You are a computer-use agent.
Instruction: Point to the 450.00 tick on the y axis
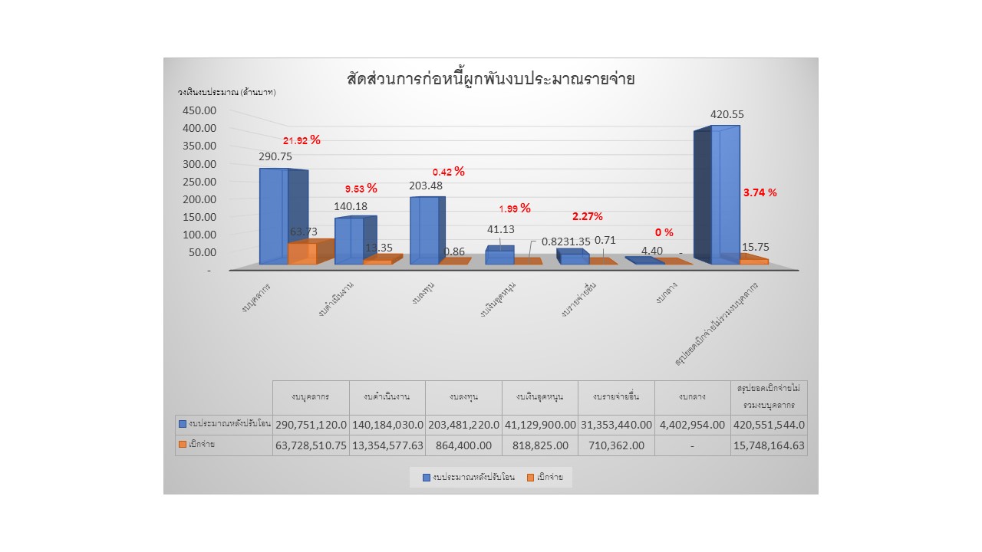click(200, 110)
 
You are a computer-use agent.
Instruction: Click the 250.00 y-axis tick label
click(200, 182)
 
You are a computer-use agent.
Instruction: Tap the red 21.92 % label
click(302, 140)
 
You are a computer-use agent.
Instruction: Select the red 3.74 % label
click(760, 192)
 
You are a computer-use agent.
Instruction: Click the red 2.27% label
click(587, 217)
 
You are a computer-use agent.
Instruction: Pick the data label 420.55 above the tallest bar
click(727, 115)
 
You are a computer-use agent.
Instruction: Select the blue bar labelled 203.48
click(423, 230)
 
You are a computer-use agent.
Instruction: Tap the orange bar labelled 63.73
click(302, 253)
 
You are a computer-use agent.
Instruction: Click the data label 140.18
click(351, 206)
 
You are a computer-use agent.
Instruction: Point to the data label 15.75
click(756, 248)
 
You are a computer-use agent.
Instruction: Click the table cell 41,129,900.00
click(540, 424)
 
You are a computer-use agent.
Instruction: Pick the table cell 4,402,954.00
click(693, 424)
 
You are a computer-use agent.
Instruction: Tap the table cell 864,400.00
click(463, 445)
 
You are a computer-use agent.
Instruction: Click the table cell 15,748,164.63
click(769, 445)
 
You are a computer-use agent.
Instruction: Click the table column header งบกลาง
click(693, 397)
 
